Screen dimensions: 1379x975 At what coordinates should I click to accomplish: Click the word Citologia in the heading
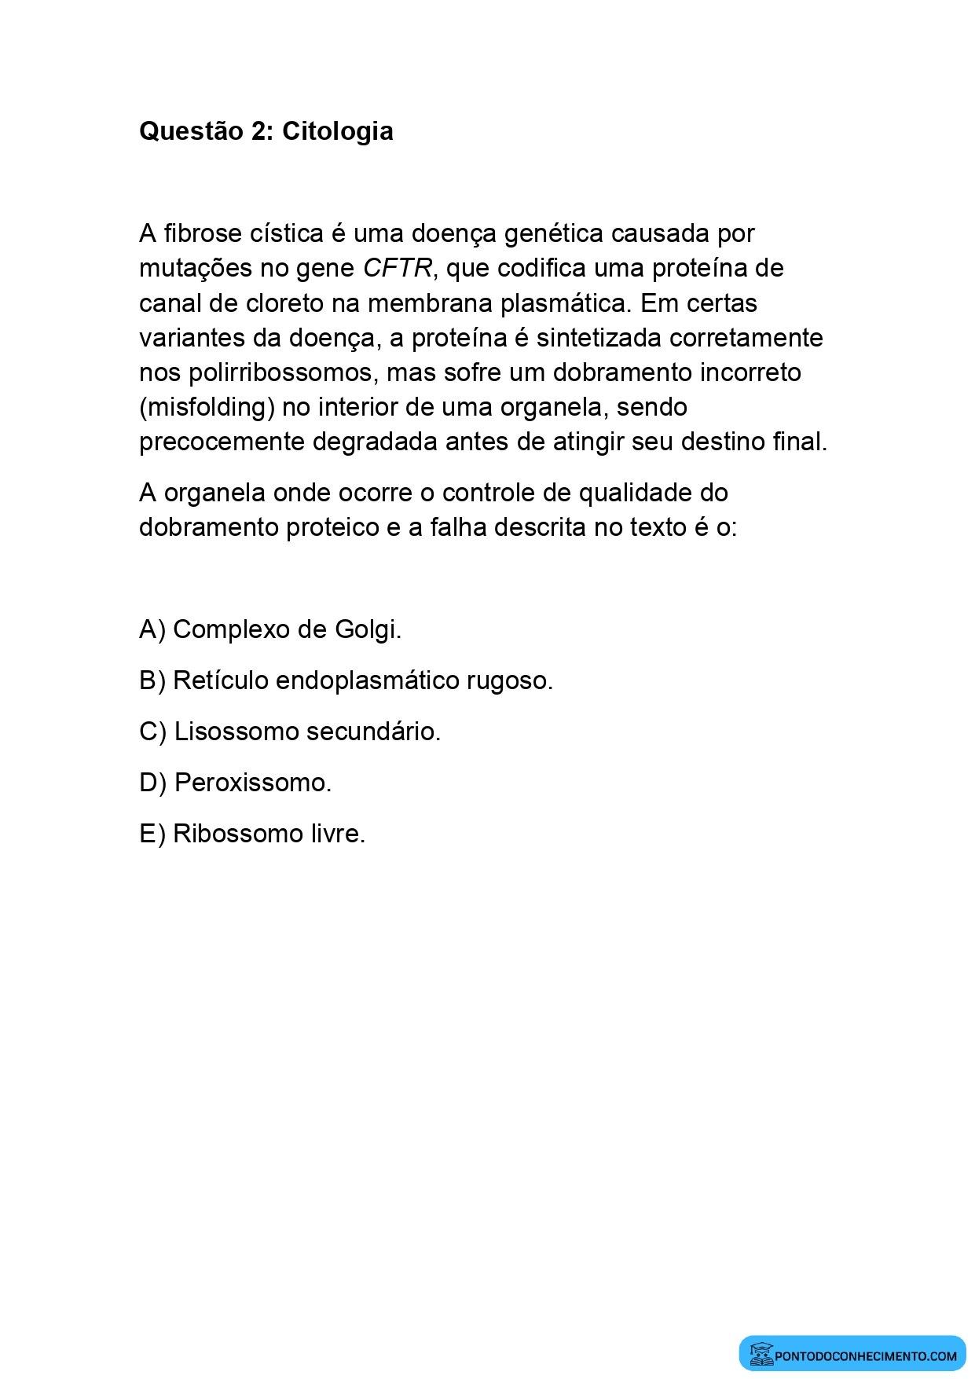(x=337, y=131)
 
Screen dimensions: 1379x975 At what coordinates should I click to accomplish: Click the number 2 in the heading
(x=259, y=131)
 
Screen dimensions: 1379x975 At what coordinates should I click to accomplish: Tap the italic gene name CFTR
(x=398, y=269)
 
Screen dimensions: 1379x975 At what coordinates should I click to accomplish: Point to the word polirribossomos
(x=284, y=372)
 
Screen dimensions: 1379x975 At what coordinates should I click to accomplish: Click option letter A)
(x=152, y=629)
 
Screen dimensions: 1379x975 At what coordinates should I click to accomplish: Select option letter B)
(x=152, y=680)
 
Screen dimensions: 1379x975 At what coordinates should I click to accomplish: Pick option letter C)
(x=152, y=732)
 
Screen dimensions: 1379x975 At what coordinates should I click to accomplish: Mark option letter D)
(x=152, y=783)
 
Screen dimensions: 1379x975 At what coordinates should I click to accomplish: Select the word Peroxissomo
(x=252, y=783)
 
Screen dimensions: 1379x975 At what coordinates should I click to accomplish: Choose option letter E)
(x=152, y=834)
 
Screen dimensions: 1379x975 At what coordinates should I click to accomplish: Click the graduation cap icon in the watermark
(x=761, y=1354)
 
